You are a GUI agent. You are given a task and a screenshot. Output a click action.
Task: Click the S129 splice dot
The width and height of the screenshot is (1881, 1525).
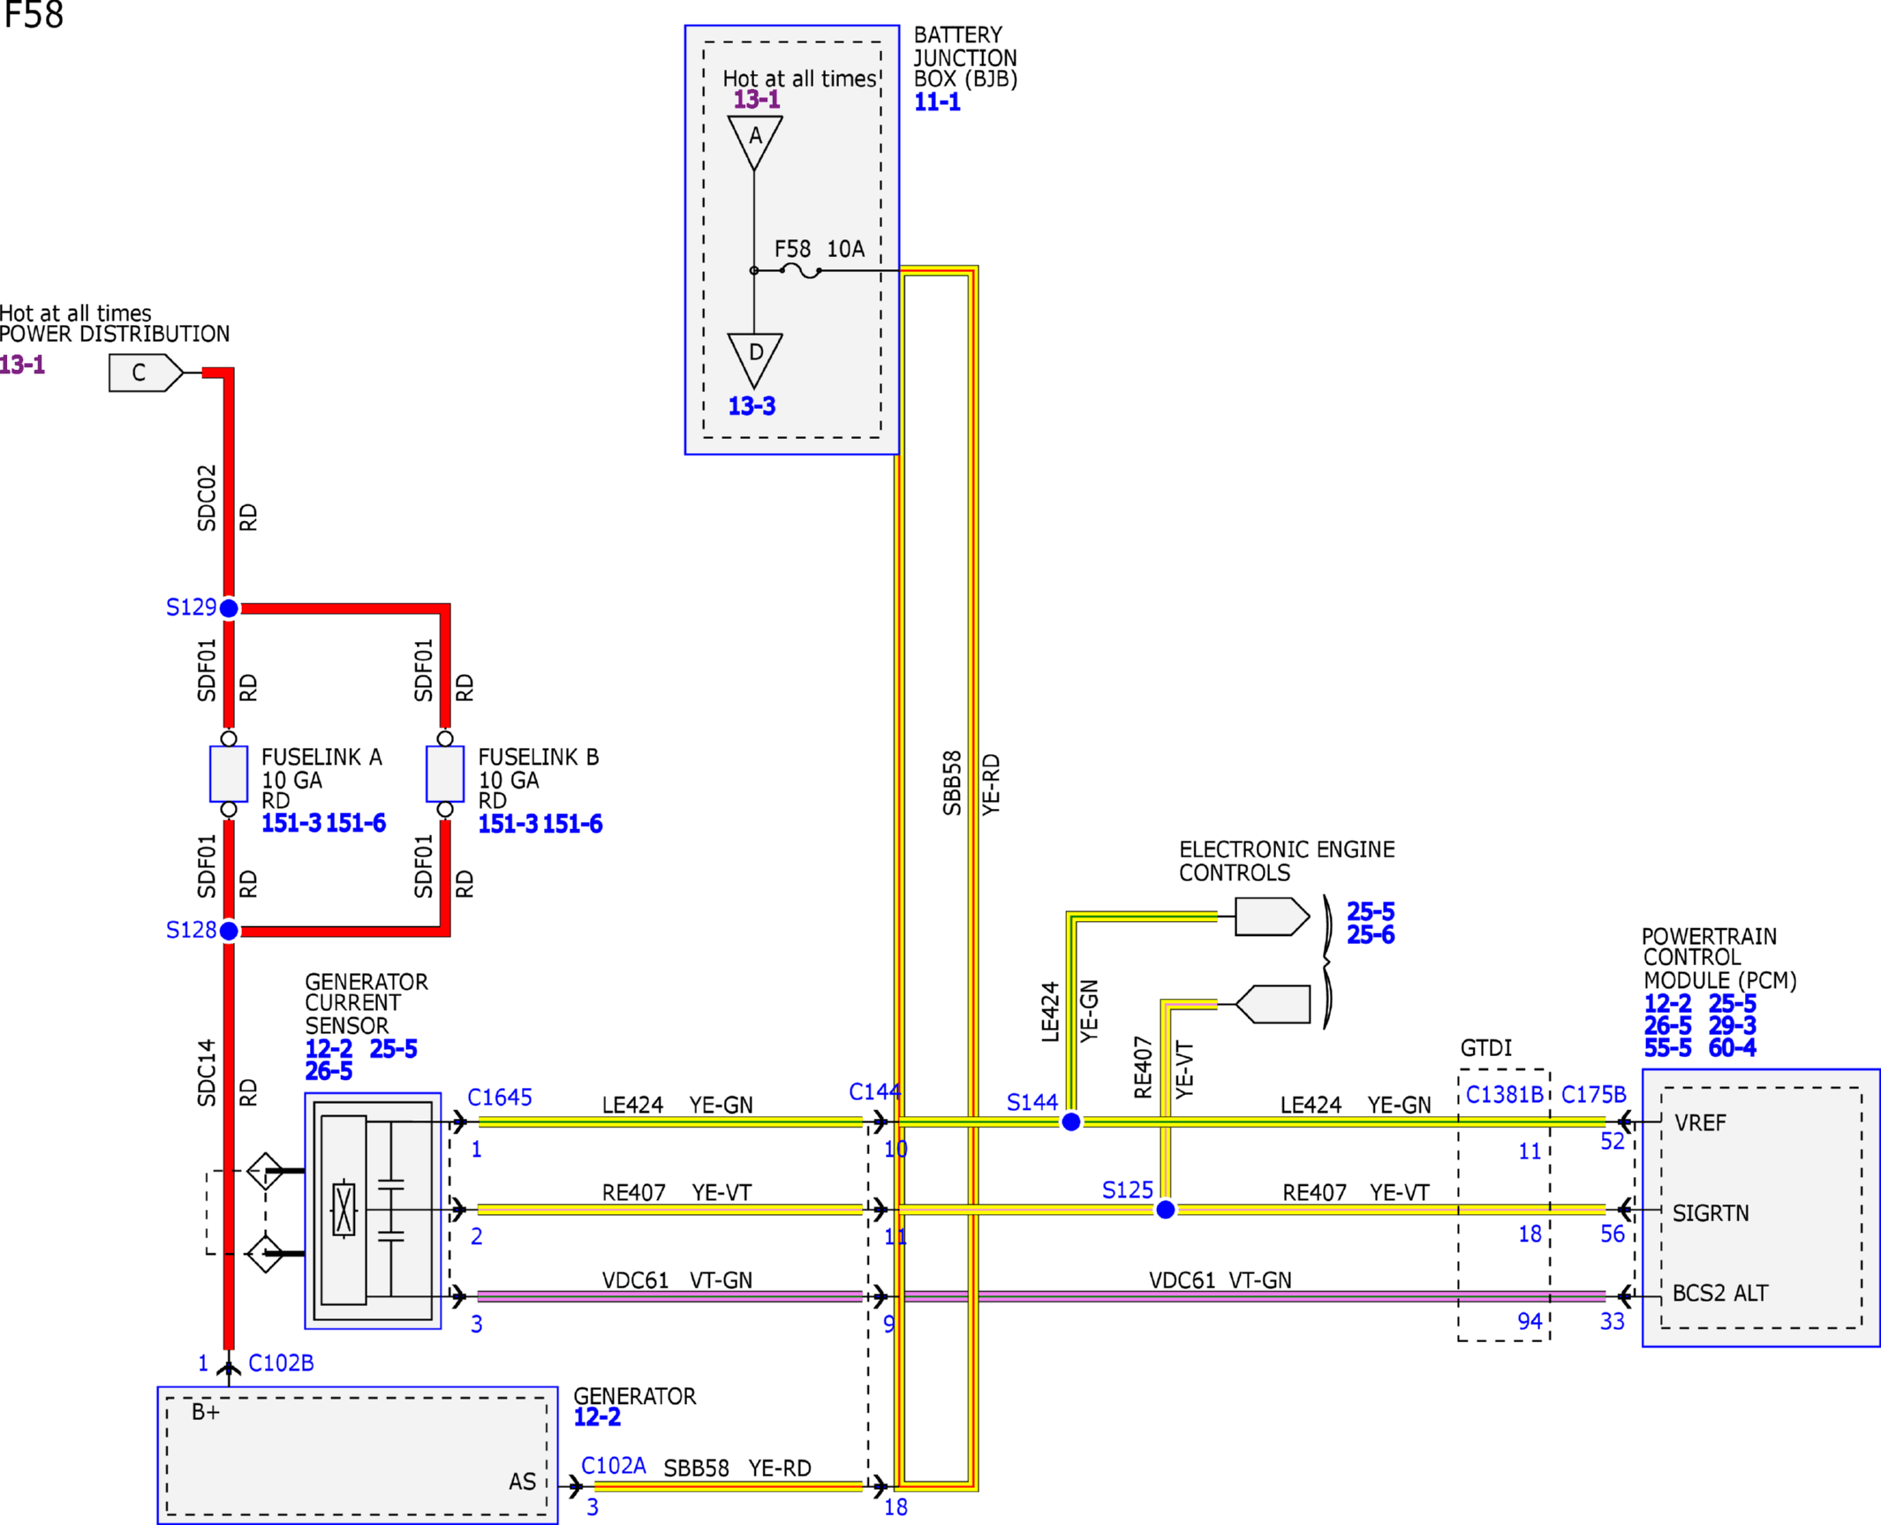click(x=229, y=608)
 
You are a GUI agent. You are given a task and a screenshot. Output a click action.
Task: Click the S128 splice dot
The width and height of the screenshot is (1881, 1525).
click(x=229, y=931)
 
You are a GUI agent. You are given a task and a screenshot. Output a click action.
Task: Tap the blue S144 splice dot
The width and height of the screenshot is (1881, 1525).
click(x=1070, y=1121)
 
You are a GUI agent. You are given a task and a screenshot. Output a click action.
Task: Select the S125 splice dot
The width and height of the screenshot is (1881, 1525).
click(x=1166, y=1209)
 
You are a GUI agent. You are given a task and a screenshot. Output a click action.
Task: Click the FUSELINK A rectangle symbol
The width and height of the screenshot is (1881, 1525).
click(x=229, y=774)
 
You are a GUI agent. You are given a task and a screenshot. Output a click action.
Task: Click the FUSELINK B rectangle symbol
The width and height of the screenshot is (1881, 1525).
click(x=445, y=774)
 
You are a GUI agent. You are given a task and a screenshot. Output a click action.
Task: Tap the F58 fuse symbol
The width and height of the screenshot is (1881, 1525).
click(x=801, y=271)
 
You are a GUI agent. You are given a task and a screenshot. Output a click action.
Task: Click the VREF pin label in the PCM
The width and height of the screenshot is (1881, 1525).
click(x=1700, y=1122)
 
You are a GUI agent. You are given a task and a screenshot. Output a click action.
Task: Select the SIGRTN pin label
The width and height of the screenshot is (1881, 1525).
click(x=1711, y=1212)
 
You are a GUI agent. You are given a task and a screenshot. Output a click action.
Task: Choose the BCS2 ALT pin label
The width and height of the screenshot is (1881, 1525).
click(x=1720, y=1293)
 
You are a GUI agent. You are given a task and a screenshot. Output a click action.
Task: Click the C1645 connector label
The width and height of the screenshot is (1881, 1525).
click(x=500, y=1097)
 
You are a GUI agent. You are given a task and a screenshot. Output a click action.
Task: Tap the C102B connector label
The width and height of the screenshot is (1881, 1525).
click(x=281, y=1363)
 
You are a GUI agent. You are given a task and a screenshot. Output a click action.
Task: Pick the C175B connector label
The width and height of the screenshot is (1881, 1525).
click(x=1594, y=1094)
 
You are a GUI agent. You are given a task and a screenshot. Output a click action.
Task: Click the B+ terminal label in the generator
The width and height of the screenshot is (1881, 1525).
click(x=206, y=1411)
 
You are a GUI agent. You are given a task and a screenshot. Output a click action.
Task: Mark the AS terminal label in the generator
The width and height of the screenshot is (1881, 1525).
click(x=522, y=1481)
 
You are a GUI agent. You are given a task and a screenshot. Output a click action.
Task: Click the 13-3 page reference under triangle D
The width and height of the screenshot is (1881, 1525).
click(x=752, y=405)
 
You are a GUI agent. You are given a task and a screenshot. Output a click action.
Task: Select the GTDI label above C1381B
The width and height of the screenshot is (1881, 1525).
click(x=1486, y=1047)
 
